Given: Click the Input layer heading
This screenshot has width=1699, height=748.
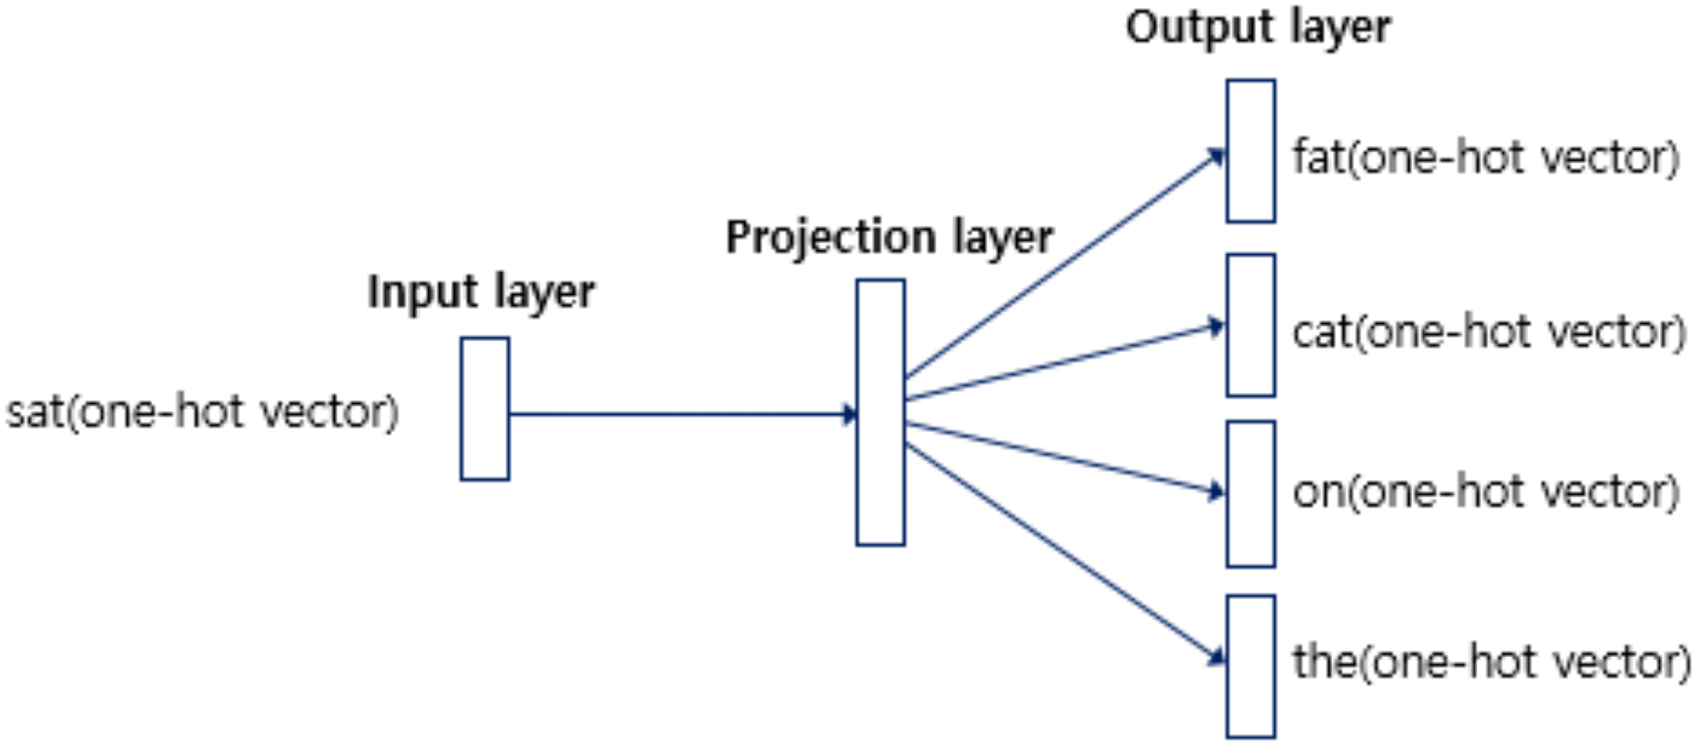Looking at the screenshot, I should coord(481,293).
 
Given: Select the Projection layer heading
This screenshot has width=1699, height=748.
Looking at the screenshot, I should coord(889,237).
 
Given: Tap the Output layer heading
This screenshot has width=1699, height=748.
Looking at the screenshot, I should coord(1258,27).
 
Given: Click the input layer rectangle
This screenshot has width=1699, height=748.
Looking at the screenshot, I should coord(485,409).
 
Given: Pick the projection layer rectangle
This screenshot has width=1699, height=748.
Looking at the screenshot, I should coord(880,412).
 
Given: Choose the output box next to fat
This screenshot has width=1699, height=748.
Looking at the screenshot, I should coord(1250,151).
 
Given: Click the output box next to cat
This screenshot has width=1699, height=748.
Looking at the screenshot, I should coord(1250,325).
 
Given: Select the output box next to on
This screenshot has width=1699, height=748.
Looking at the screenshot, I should coord(1250,494).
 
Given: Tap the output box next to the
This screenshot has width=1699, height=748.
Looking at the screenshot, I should coord(1250,666).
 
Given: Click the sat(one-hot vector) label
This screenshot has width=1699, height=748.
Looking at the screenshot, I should coord(202,412).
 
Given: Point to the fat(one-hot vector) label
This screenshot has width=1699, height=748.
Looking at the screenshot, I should coord(1486,158).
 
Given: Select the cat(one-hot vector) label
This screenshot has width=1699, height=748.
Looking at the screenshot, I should coord(1488,331).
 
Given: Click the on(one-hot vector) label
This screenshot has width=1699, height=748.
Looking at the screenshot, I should coord(1486,492).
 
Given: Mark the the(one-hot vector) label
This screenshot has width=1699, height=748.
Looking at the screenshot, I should coord(1492,662).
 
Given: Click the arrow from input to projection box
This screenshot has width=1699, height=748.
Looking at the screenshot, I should coord(680,414).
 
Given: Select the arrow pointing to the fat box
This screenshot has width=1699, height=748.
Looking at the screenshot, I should coord(1062,266).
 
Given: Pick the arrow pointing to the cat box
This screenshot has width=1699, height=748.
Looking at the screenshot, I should coord(1062,362).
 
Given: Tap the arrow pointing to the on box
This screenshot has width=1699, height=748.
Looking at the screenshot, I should coord(1062,457).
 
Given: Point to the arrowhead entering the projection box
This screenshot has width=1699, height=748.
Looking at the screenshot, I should coord(849,414).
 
